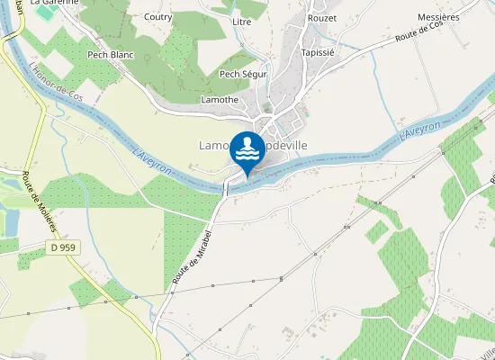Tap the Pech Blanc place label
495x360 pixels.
click(x=110, y=54)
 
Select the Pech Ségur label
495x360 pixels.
click(x=242, y=75)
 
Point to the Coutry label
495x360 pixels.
click(x=157, y=16)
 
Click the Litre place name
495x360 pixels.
click(x=241, y=21)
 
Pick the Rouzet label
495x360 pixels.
click(x=321, y=18)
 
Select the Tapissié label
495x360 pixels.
click(x=318, y=52)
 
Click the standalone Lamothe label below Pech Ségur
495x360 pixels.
click(x=220, y=99)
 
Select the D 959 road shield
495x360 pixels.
click(x=63, y=247)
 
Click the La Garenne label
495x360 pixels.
click(x=55, y=3)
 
